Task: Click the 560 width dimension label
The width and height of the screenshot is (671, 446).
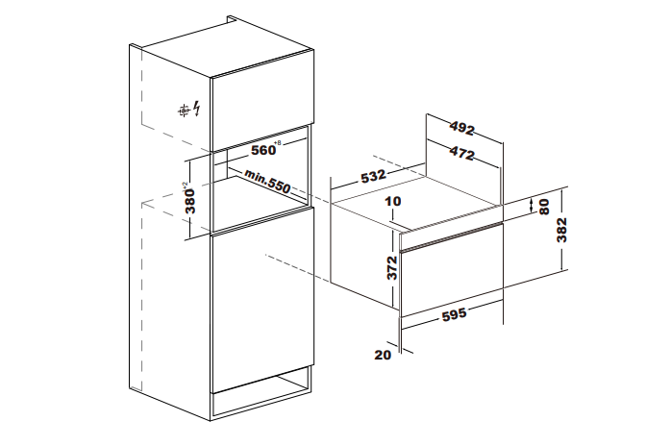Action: coord(263,151)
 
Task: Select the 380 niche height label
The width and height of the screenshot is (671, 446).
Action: coord(191,198)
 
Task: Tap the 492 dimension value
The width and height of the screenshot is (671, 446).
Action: coord(464,126)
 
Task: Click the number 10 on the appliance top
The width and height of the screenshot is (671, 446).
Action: coord(390,202)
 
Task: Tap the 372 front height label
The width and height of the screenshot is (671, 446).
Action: coord(391,266)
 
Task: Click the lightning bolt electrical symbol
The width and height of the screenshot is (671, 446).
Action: coord(198,110)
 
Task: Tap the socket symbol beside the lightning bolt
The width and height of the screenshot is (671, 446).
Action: coord(182,111)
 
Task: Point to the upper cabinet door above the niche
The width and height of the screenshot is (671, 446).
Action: coord(261,106)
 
